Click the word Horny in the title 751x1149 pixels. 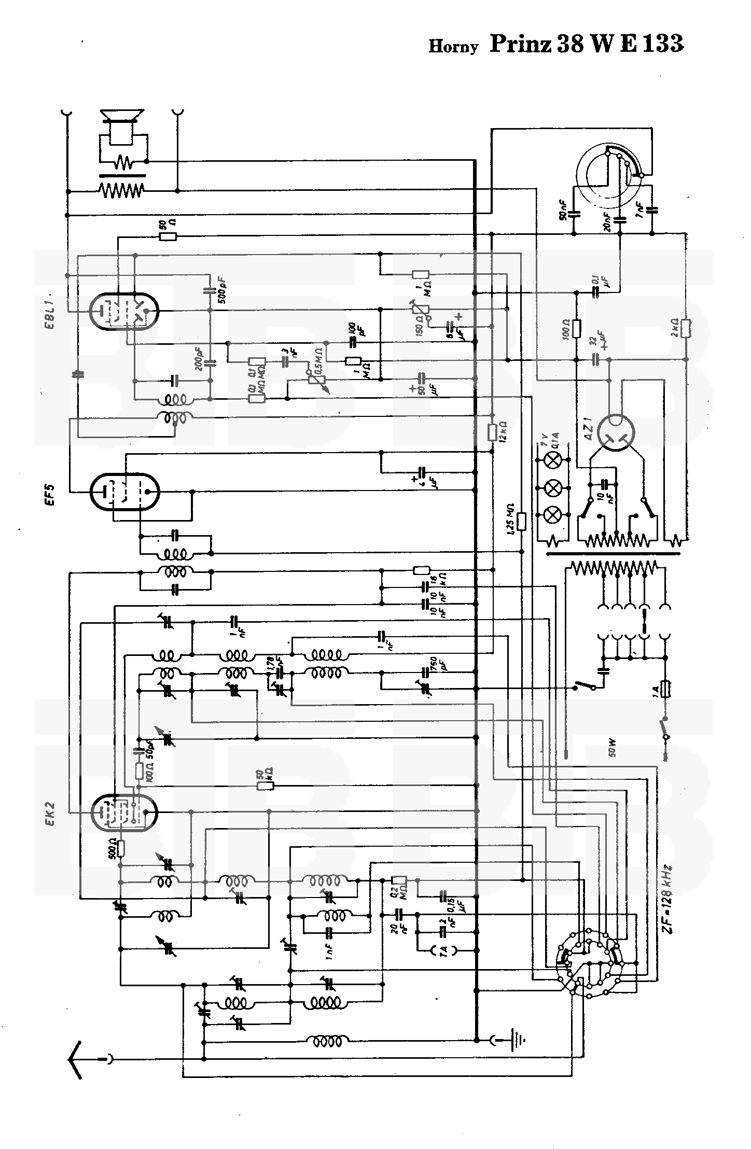[453, 47]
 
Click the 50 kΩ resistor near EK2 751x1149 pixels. [266, 786]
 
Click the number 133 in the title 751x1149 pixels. [663, 44]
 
